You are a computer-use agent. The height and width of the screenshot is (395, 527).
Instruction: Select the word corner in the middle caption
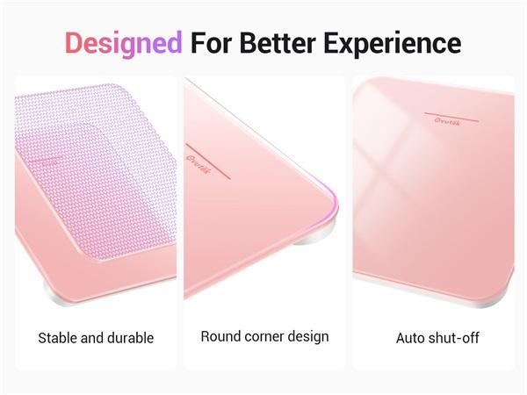coord(263,336)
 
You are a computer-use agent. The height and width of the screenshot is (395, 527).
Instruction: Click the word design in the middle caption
coord(308,336)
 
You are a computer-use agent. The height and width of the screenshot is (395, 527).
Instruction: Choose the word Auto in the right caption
coord(411,338)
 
